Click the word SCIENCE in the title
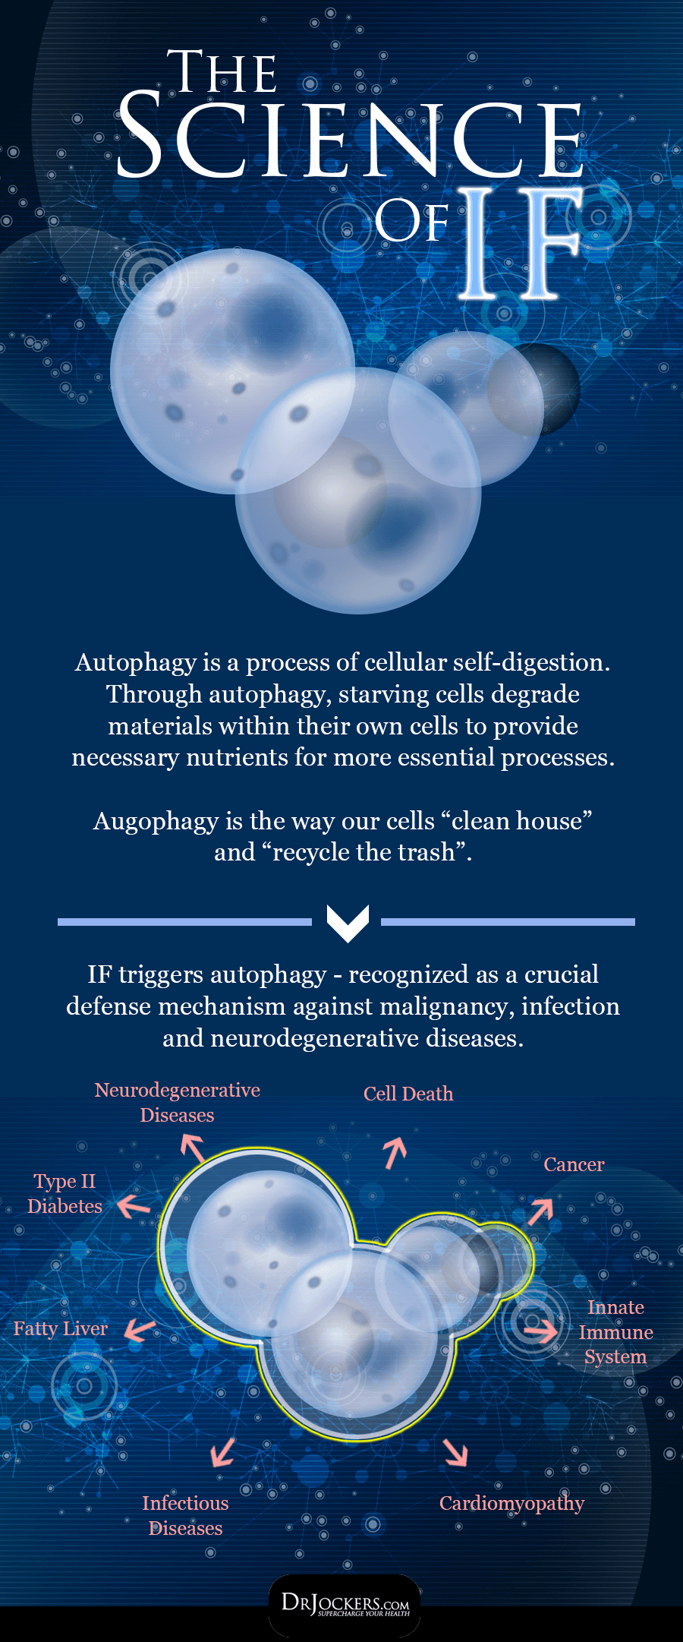point(350,135)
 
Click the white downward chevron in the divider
point(348,922)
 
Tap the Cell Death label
point(408,1094)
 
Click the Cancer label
point(574,1164)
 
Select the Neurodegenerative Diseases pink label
point(178,1102)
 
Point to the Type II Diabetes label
point(65,1193)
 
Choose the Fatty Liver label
point(61,1328)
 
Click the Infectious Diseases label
point(185,1515)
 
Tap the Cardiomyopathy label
point(512,1504)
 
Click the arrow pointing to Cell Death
point(395,1152)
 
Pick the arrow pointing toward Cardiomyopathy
point(456,1451)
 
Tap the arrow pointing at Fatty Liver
point(140,1330)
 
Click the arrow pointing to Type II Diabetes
point(134,1205)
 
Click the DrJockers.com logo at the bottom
point(345,1604)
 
